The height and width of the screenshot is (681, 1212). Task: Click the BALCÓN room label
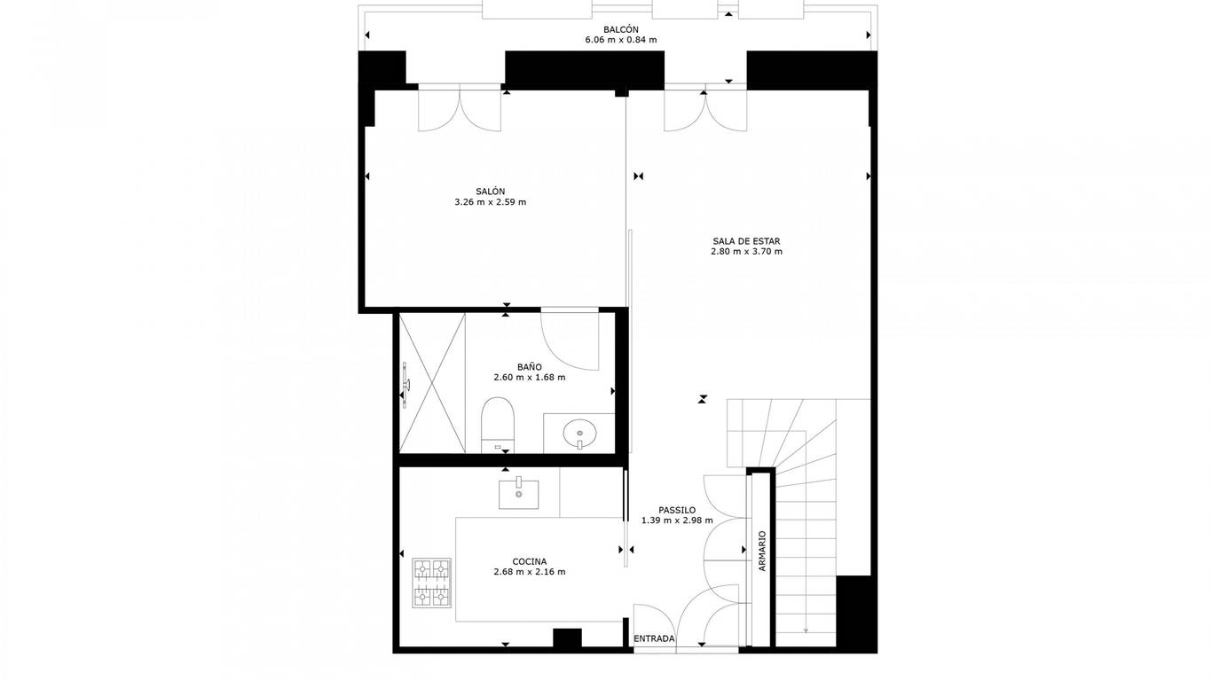(620, 30)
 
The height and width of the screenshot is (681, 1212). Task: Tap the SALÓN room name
(490, 192)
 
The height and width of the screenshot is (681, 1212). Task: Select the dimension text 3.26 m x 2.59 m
(490, 202)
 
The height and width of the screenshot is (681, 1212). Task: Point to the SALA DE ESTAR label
(746, 241)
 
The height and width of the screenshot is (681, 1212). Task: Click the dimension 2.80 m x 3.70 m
(746, 252)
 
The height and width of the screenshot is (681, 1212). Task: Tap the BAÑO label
(529, 367)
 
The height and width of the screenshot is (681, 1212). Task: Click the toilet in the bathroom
(497, 425)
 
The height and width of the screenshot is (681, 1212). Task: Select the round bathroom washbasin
(579, 434)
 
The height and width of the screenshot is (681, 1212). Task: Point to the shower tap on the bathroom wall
(405, 385)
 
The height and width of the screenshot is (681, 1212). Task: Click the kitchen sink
(518, 493)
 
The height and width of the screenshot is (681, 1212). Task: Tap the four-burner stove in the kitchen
(431, 583)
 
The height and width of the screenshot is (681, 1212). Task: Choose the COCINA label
(529, 562)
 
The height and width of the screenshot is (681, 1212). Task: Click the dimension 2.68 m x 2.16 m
(529, 572)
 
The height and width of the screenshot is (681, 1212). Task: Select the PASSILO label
(677, 510)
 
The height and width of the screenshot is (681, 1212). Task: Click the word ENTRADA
(654, 638)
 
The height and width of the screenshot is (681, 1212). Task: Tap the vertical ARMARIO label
(762, 552)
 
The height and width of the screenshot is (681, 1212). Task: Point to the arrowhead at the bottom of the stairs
(806, 630)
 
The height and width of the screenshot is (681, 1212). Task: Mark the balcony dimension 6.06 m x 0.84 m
(620, 40)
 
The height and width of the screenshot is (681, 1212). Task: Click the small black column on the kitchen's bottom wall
(567, 638)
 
